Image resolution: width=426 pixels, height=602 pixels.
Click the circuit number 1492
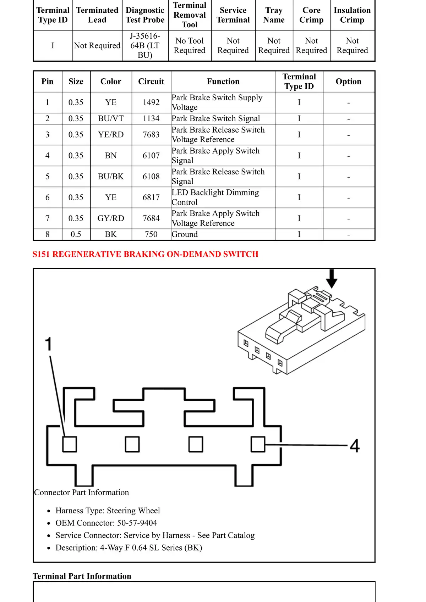coord(151,102)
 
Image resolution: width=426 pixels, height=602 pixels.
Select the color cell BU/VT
coord(111,118)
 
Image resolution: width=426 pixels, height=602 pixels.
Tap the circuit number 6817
coord(151,197)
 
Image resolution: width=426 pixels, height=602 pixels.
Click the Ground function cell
coord(185,234)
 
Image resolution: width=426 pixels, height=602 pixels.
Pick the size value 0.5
coord(76,234)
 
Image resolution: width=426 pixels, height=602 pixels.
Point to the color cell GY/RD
coord(111,218)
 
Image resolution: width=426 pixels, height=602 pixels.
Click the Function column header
coord(223,82)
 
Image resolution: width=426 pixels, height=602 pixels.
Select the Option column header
coord(348,82)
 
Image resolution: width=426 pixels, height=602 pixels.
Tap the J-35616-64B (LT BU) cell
coord(145,45)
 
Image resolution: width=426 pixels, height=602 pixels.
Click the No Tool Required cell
coord(190,45)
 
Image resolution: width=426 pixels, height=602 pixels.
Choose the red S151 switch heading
coord(145,254)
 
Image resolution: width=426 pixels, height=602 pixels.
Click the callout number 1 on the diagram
coord(48,344)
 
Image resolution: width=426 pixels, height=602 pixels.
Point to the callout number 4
coord(355,446)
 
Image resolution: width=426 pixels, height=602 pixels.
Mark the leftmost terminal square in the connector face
coord(70,444)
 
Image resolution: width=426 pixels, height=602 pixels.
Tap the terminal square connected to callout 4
coord(258,444)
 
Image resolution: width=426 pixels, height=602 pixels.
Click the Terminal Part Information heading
coord(82,576)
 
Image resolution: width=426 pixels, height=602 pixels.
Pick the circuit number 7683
coord(151,135)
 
